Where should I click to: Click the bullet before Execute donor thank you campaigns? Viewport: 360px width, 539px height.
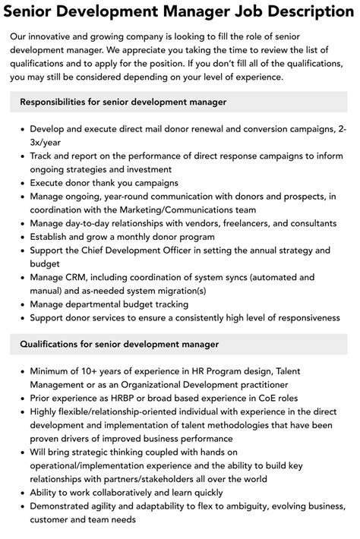click(x=20, y=183)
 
